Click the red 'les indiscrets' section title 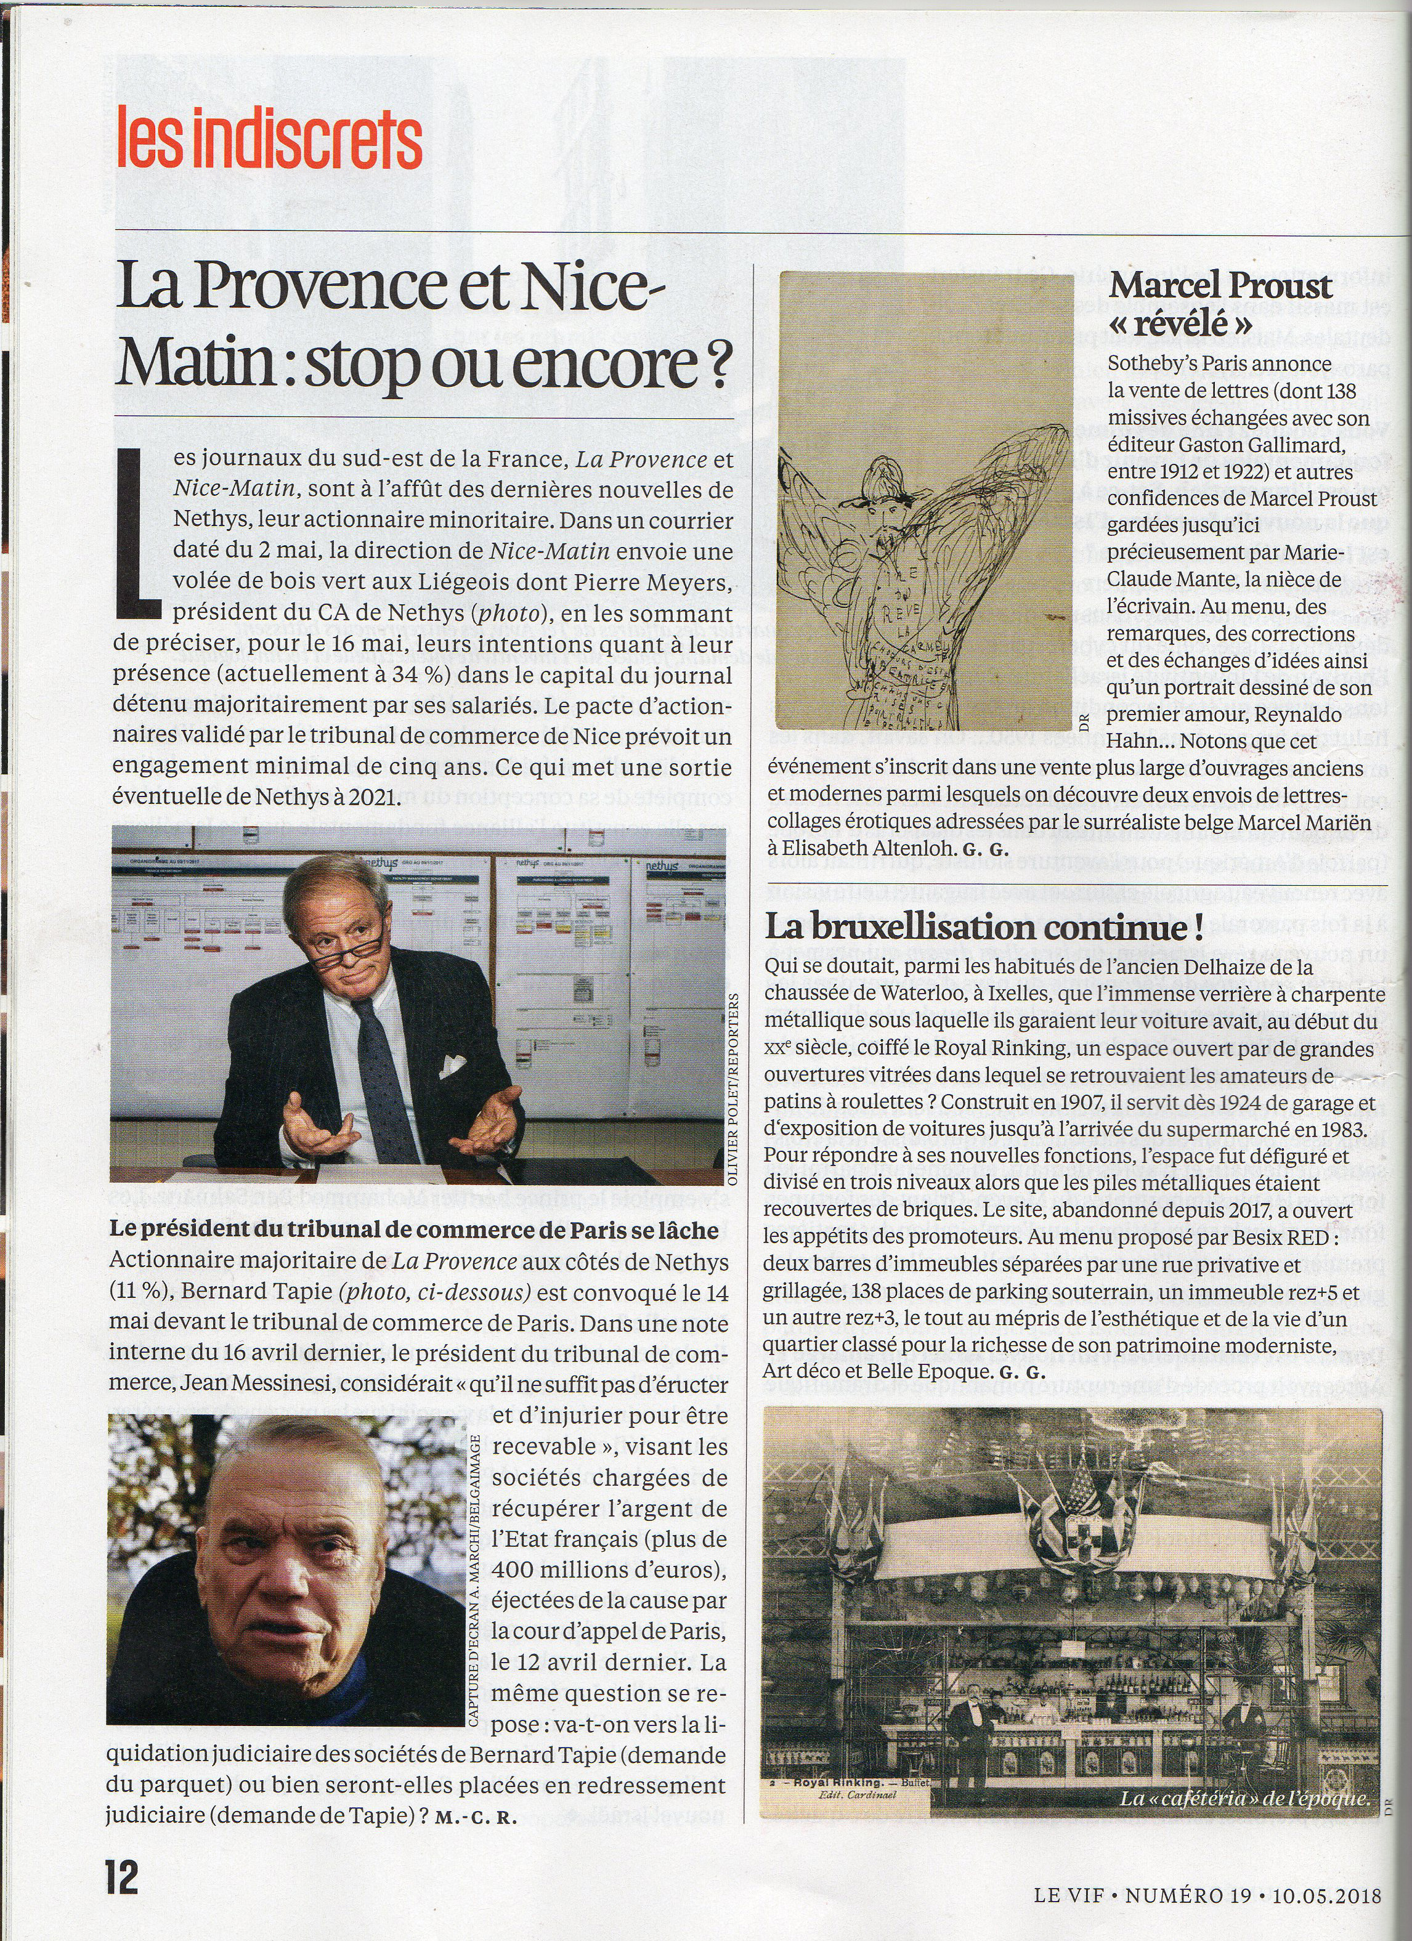(x=270, y=138)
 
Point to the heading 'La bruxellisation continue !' (x=983, y=927)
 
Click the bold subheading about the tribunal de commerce (x=413, y=1230)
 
